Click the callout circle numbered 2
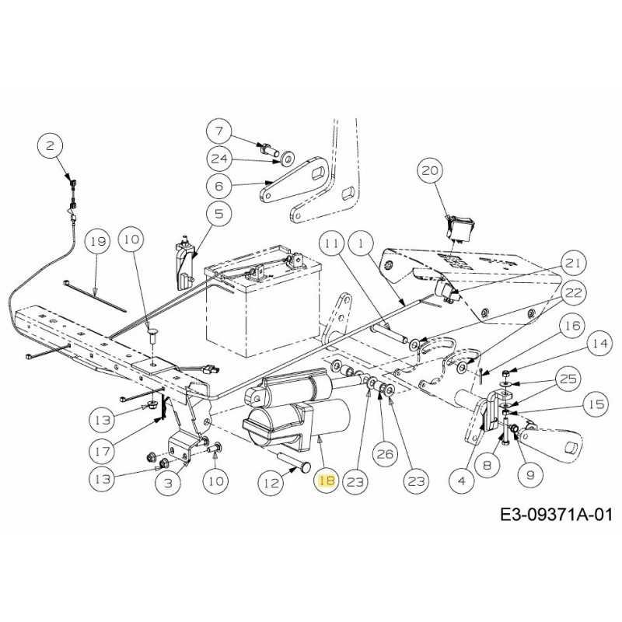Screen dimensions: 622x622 coord(49,145)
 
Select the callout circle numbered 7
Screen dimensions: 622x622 coord(219,131)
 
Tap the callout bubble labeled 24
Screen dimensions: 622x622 coord(219,159)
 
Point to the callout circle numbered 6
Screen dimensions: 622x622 coord(219,186)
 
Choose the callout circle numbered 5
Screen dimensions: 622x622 coord(219,213)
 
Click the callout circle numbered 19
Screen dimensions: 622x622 coord(98,241)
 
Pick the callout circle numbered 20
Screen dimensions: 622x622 coord(431,170)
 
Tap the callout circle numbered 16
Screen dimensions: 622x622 coord(572,326)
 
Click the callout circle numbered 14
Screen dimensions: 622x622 coord(599,343)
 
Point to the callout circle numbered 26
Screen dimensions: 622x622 coord(385,454)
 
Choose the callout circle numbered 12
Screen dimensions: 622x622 coord(271,482)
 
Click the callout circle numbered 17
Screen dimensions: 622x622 coord(103,451)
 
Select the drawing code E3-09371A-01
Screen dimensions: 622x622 coord(557,515)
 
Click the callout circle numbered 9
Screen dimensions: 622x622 coord(530,474)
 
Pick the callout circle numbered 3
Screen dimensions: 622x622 coord(169,482)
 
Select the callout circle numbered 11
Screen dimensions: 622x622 coord(333,243)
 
